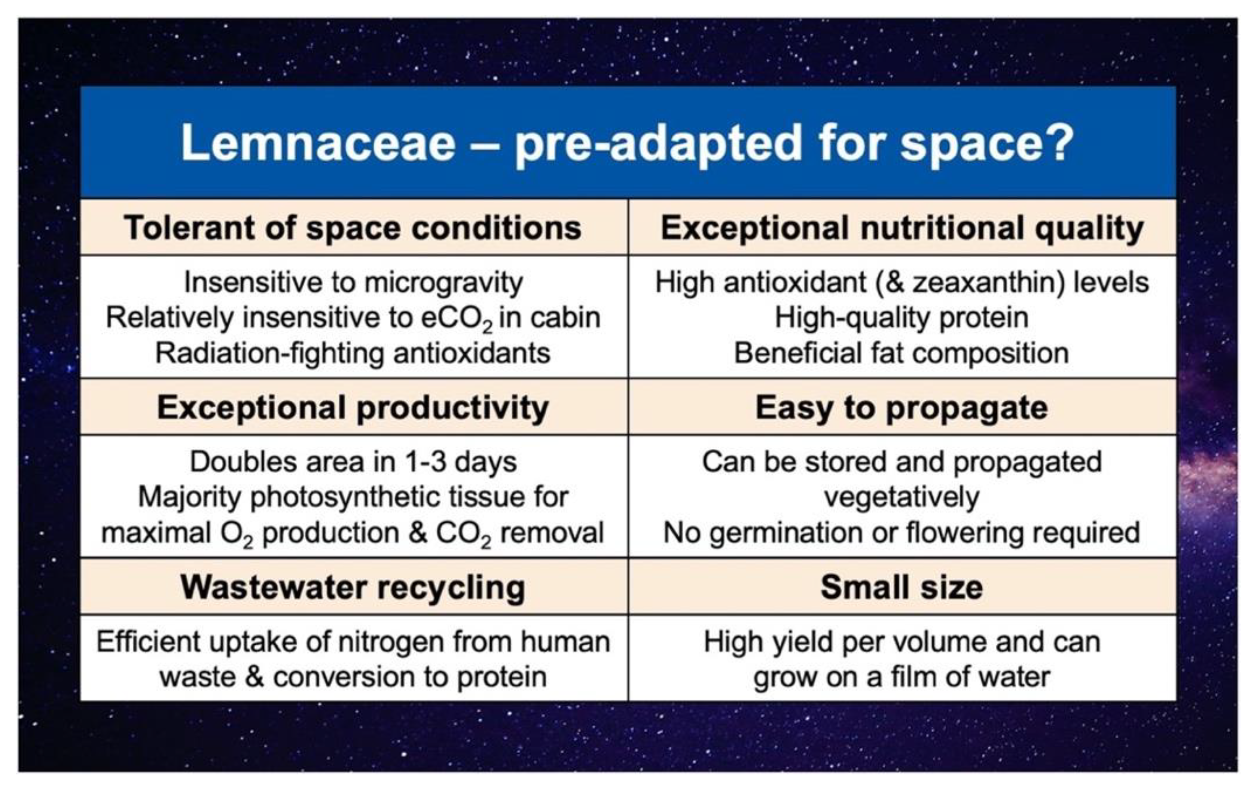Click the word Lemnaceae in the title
[x=318, y=143]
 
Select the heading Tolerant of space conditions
[x=353, y=228]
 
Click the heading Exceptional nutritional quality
[x=903, y=228]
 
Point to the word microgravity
[x=444, y=283]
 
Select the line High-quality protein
[x=902, y=318]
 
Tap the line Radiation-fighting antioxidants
[x=353, y=353]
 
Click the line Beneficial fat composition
[x=902, y=353]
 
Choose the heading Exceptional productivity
[x=353, y=408]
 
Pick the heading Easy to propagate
[x=902, y=408]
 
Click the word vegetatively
[x=902, y=497]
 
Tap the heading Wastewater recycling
[x=353, y=588]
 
